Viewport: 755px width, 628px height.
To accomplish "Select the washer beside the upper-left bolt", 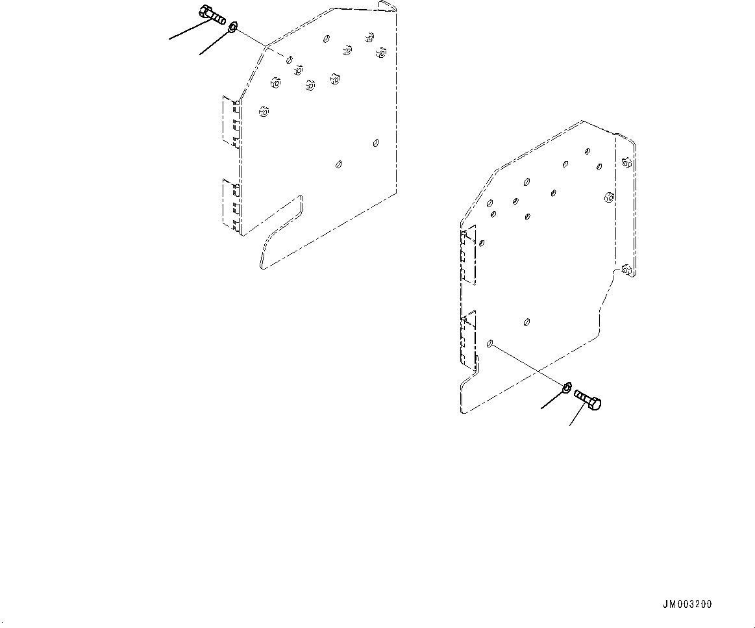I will [232, 27].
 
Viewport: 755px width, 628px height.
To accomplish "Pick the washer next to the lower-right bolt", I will [567, 388].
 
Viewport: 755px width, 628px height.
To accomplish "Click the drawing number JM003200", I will [687, 604].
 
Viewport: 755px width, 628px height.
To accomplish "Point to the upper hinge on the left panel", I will [231, 121].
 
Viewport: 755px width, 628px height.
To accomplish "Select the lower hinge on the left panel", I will [231, 204].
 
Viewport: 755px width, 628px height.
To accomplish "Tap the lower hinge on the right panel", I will [468, 339].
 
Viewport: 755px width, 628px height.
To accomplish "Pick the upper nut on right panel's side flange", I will [626, 162].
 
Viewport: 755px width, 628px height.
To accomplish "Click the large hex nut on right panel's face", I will [608, 197].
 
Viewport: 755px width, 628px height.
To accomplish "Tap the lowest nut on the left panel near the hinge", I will [263, 112].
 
